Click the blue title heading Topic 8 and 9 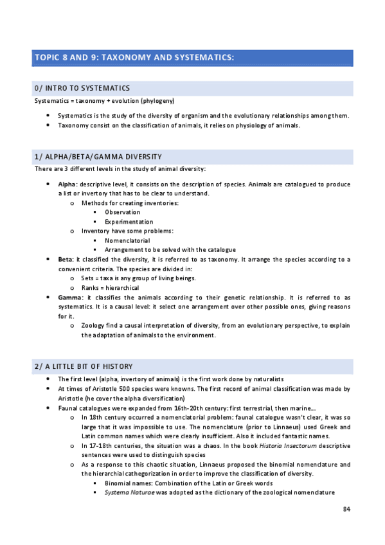(x=133, y=58)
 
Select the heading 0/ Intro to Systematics (x=82, y=88)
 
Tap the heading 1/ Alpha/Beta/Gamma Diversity (x=98, y=157)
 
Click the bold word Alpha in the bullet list (x=66, y=184)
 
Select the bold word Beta (x=65, y=259)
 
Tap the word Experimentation (x=129, y=222)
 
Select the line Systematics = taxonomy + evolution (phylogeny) (x=105, y=101)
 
